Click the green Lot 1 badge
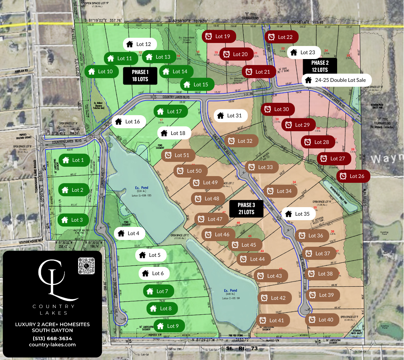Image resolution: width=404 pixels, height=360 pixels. [x=73, y=160]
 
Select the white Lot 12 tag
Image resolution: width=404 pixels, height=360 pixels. [x=139, y=44]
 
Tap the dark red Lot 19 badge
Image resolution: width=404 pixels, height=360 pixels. [x=219, y=36]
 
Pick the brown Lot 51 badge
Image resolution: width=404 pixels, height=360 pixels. [x=178, y=155]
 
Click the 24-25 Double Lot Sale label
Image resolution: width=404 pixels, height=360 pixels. [x=337, y=80]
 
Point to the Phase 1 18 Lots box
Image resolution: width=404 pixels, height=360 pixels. [x=140, y=75]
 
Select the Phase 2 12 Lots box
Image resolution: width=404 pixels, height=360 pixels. [x=320, y=66]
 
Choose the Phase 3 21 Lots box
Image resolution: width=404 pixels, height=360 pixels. [x=246, y=209]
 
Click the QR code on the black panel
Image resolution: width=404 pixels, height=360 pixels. [x=86, y=265]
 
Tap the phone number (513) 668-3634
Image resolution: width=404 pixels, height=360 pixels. [x=52, y=338]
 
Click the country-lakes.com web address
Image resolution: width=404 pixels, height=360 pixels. [x=52, y=345]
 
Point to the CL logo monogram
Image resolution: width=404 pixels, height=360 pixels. [x=53, y=280]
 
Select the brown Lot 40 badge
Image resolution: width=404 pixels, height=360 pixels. [x=322, y=320]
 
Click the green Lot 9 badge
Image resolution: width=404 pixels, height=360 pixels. [x=169, y=326]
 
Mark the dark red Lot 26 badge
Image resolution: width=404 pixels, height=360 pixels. [x=353, y=176]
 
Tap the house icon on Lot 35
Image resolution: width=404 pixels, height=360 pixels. [x=288, y=214]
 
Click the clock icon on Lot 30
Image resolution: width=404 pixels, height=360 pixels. [x=268, y=109]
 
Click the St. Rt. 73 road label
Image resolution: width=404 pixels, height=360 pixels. [x=242, y=349]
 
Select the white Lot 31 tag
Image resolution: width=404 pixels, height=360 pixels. [x=231, y=116]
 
